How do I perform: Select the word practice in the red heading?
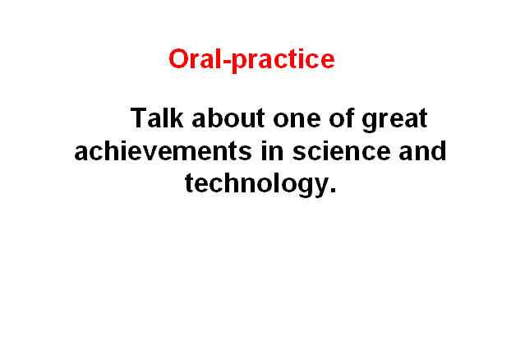(283, 60)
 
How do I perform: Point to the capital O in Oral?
(178, 59)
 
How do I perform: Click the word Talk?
(157, 118)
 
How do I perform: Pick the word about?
(228, 118)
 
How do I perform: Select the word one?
(297, 120)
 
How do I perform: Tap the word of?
(342, 118)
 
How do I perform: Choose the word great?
(394, 120)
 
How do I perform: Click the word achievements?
(163, 150)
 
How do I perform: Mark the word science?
(341, 150)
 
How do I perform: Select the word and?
(422, 150)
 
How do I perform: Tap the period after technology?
(333, 192)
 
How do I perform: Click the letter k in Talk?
(177, 118)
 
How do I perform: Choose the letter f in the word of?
(349, 118)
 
